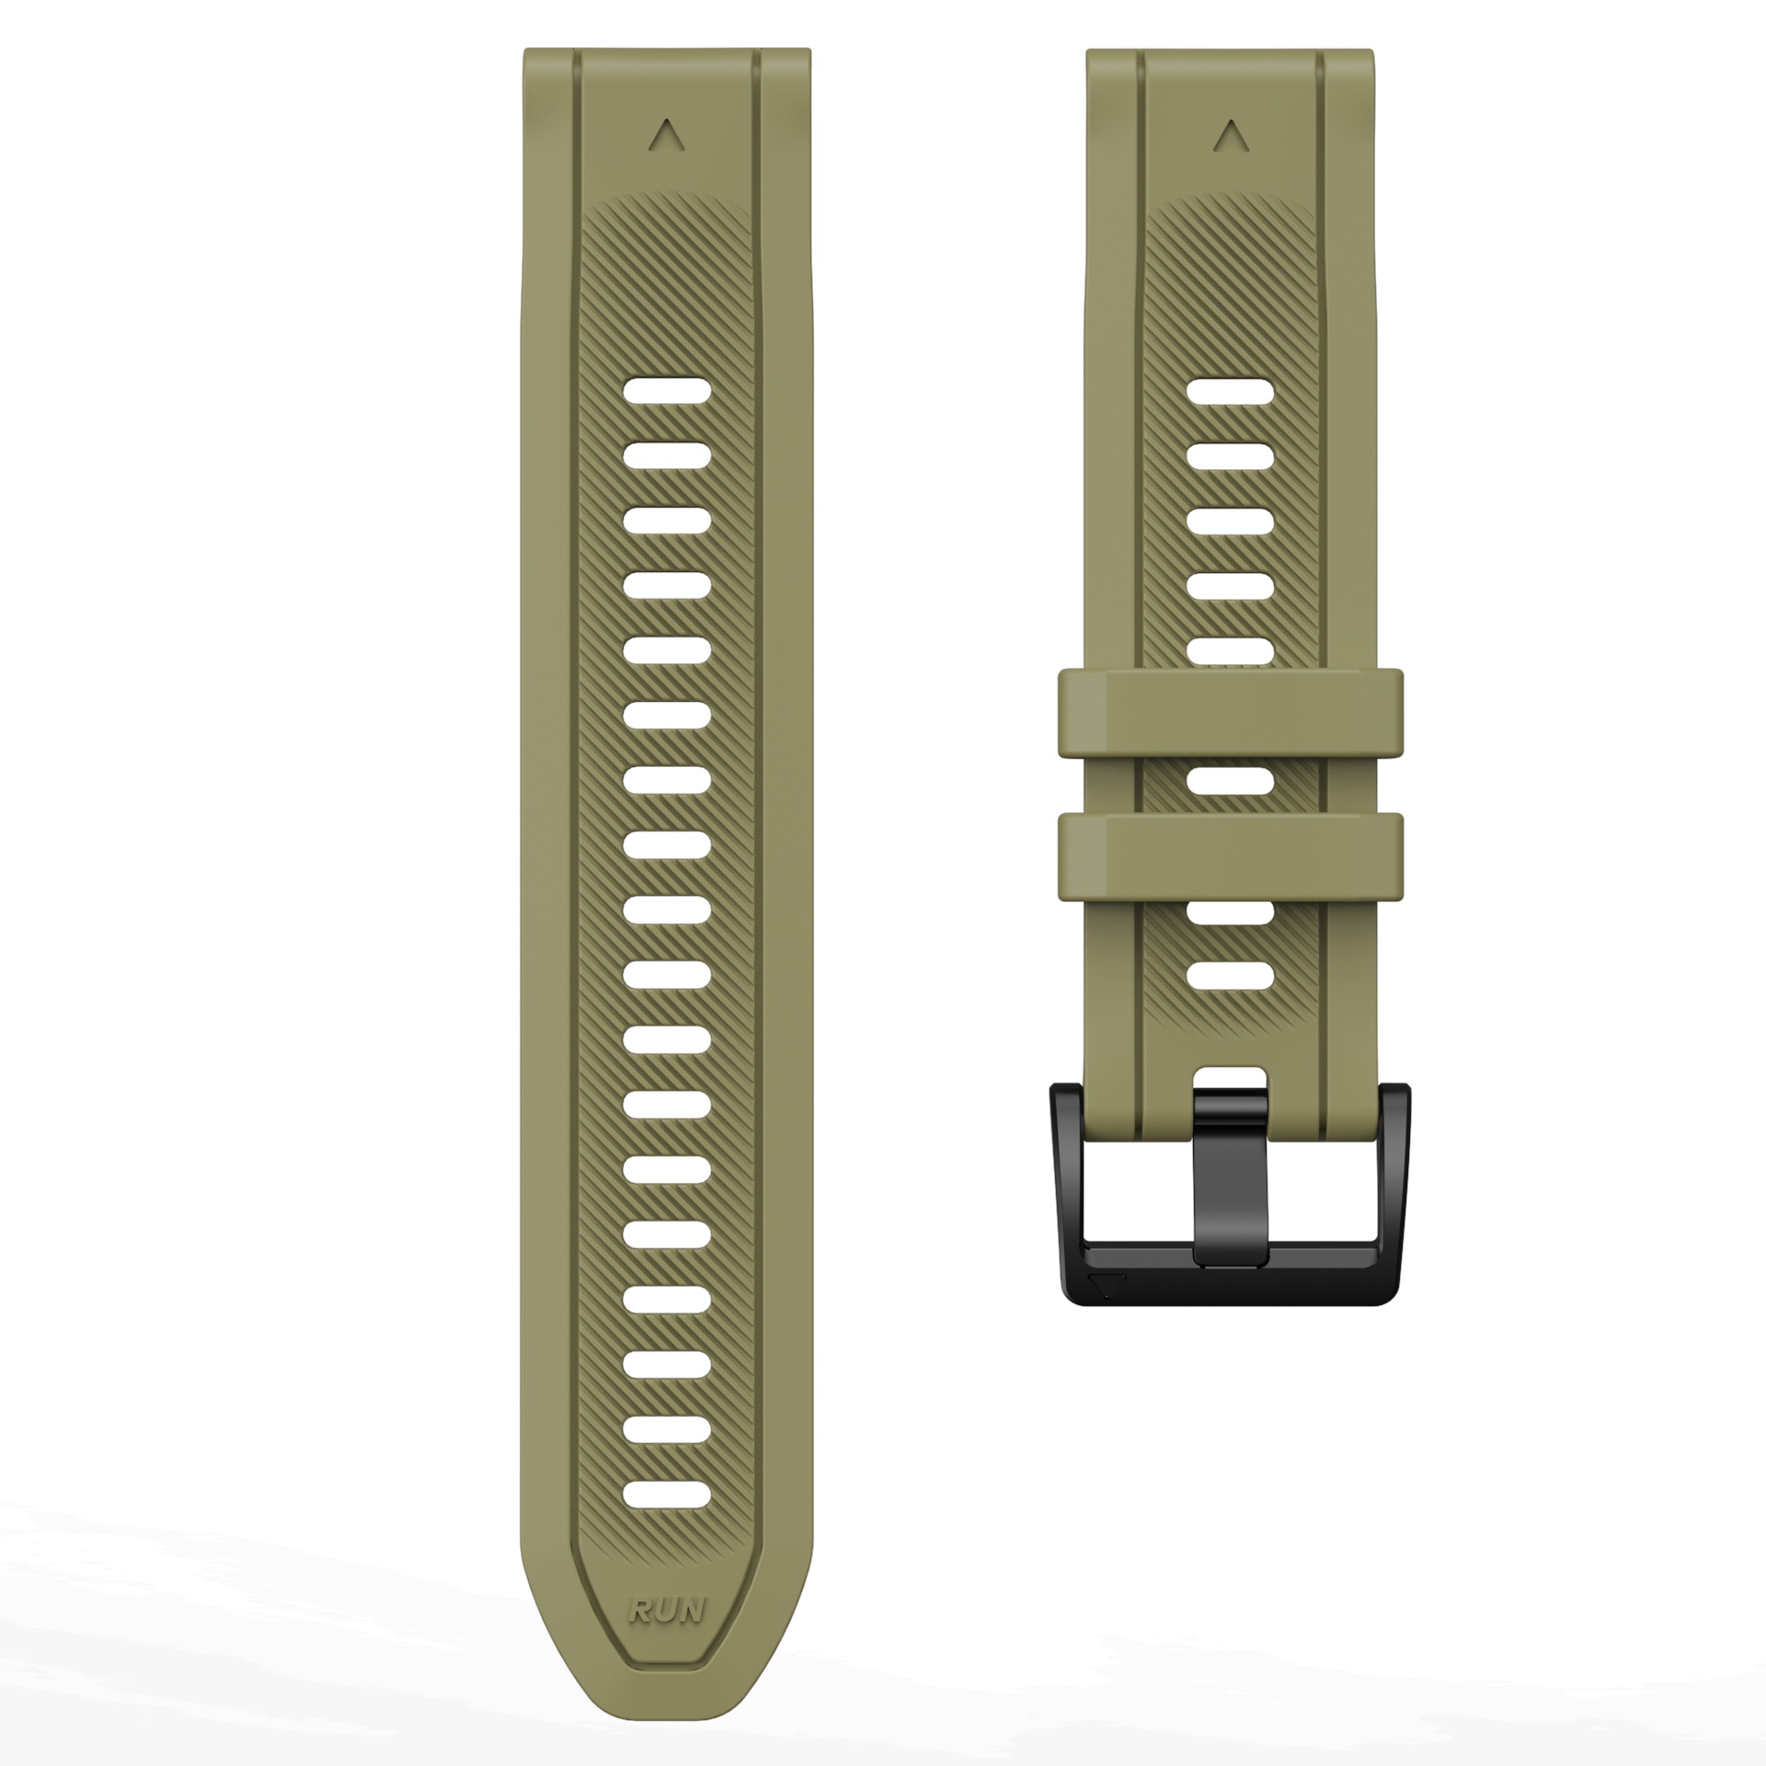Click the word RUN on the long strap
pos(667,1610)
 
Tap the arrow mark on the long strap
pos(666,135)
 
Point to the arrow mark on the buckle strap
pos(1230,136)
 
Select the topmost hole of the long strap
pos(667,391)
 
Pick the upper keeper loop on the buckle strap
pos(1231,713)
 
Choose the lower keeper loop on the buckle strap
pos(1231,856)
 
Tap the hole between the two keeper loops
pos(1231,782)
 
